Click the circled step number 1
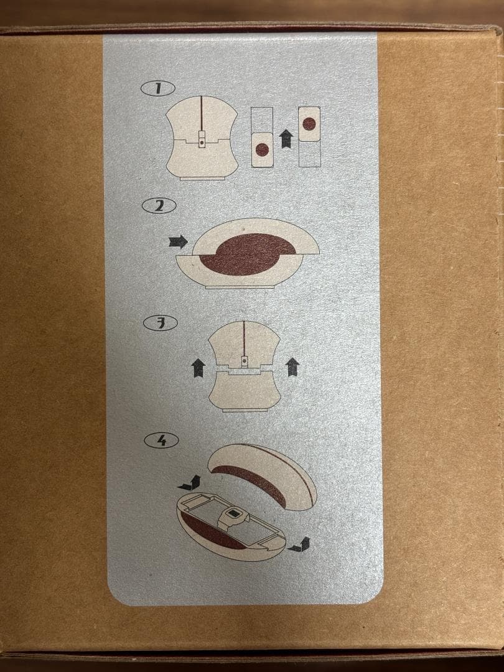click(x=157, y=88)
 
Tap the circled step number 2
click(x=159, y=206)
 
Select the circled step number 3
click(x=161, y=323)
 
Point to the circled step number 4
click(x=161, y=441)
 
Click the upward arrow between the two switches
click(x=286, y=139)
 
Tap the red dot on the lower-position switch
click(x=262, y=150)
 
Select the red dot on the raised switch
click(x=309, y=124)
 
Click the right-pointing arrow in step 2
click(x=179, y=241)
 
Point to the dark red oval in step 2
click(x=247, y=254)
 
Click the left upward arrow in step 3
click(x=198, y=368)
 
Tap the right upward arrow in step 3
click(x=292, y=367)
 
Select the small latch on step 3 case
click(x=245, y=362)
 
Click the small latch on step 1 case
click(x=202, y=139)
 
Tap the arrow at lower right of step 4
click(x=299, y=544)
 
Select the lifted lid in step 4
click(x=263, y=476)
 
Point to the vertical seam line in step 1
click(x=202, y=114)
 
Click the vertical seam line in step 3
click(x=244, y=338)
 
